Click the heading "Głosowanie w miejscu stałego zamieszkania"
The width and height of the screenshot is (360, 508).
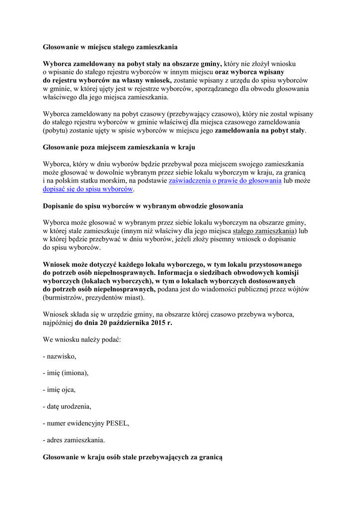point(110,47)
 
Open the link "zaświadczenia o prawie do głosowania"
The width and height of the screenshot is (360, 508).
point(225,181)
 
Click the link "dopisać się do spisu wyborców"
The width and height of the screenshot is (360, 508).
point(88,190)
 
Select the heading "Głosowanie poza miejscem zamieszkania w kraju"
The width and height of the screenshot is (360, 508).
point(119,147)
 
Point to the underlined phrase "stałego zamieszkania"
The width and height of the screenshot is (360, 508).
point(264,231)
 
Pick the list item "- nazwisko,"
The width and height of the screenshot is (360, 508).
point(60,356)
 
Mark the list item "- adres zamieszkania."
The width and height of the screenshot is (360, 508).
point(74,440)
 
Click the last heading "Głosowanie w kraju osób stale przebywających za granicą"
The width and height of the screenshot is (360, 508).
point(133,456)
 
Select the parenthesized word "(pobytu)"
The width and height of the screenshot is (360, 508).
point(59,131)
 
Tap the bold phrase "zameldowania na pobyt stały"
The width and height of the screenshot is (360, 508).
point(260,131)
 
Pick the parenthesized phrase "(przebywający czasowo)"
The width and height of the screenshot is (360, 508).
point(205,114)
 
